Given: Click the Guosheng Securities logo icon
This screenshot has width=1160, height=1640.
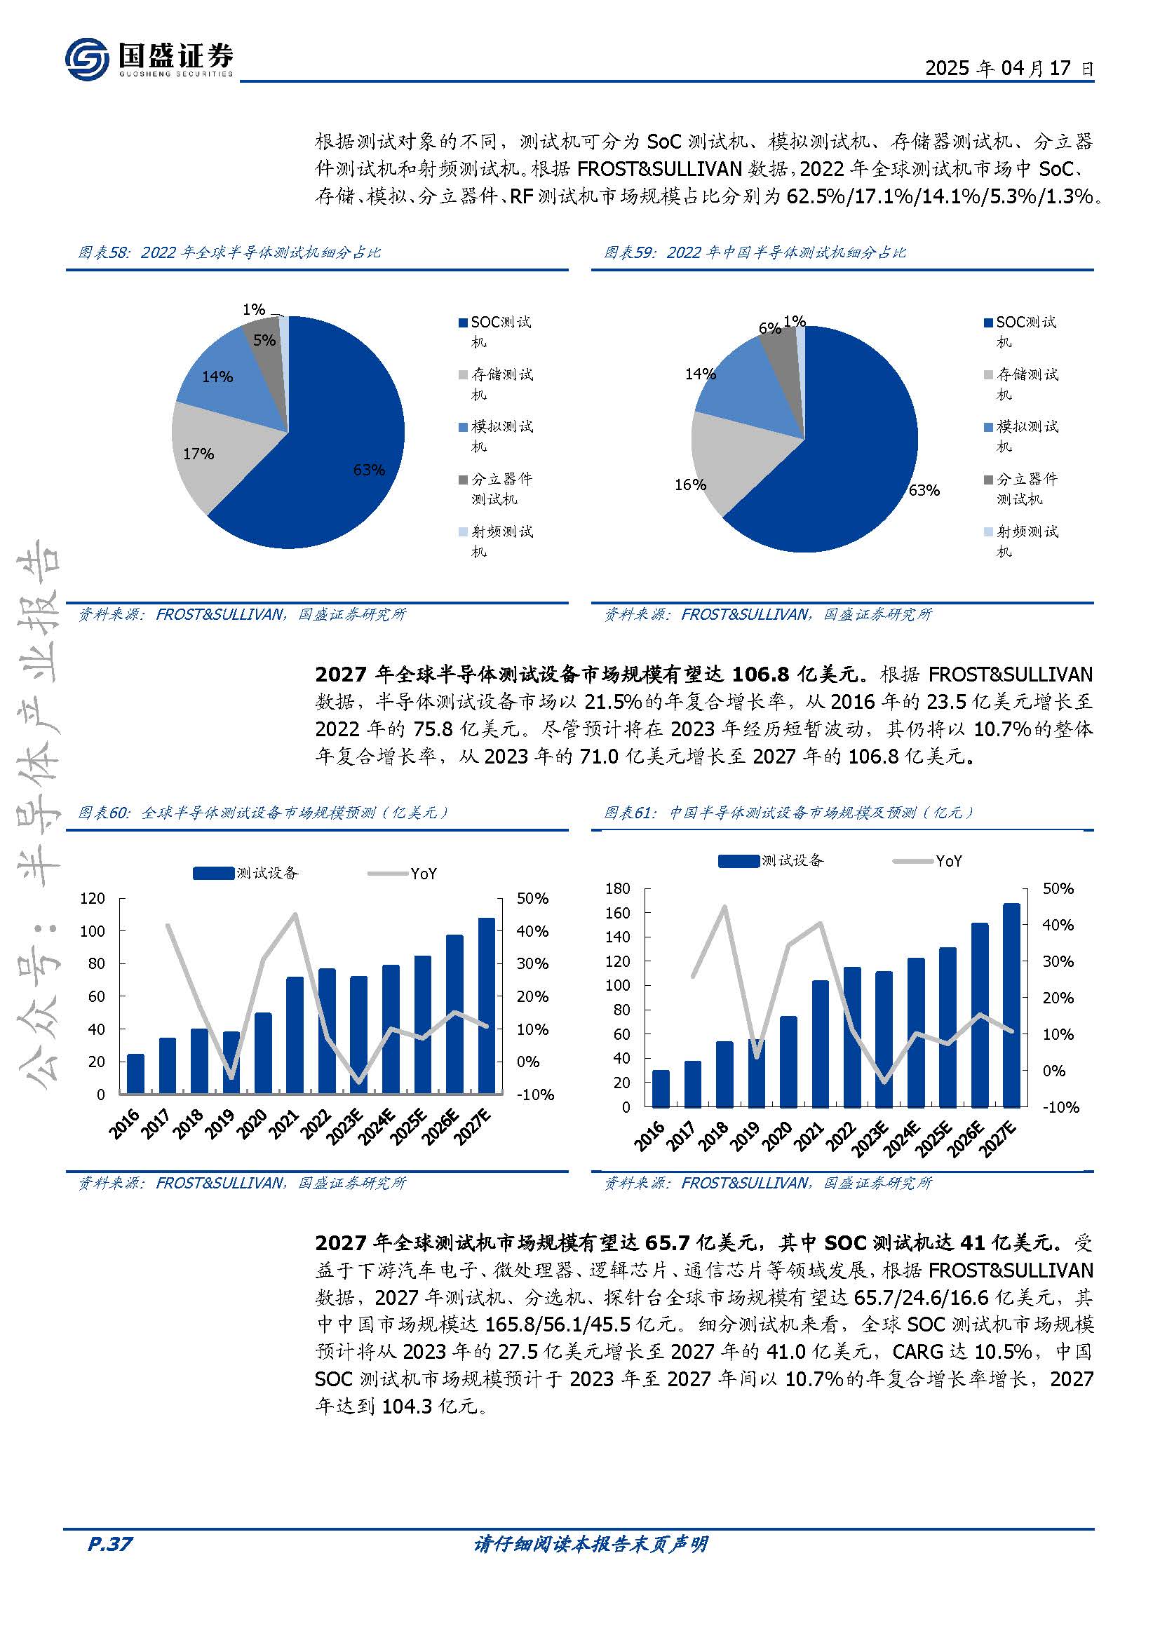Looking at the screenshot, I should point(87,59).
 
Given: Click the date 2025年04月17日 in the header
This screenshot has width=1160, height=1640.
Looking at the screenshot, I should point(1009,68).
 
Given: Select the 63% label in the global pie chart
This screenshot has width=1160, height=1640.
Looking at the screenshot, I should point(369,469).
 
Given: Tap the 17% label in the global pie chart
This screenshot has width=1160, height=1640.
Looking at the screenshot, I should point(198,454).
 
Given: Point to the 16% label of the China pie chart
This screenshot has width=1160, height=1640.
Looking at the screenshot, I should point(690,484).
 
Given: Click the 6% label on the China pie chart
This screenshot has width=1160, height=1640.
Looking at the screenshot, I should point(769,328).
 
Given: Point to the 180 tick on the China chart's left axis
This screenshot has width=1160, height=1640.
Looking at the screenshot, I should point(618,888).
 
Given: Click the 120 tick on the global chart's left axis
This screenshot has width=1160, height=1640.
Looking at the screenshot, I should point(93,898).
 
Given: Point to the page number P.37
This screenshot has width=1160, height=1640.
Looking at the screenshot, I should point(110,1544).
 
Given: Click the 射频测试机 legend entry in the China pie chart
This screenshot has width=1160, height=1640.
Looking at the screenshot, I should point(1021,541).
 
